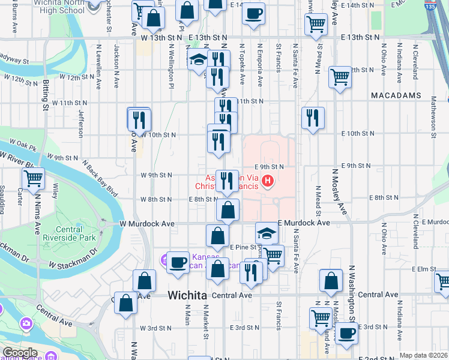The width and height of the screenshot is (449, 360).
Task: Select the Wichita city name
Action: (x=187, y=295)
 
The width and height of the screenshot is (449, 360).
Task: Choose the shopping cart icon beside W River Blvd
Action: (x=33, y=178)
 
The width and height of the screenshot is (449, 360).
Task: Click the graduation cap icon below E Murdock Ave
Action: (x=267, y=233)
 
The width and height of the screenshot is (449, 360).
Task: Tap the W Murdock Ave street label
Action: (x=147, y=223)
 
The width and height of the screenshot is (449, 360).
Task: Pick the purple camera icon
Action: (x=27, y=323)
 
